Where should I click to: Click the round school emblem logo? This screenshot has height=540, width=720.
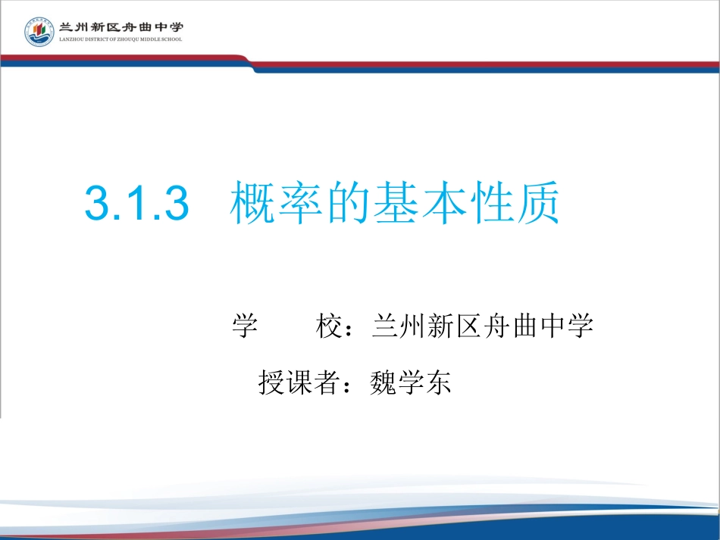point(39,32)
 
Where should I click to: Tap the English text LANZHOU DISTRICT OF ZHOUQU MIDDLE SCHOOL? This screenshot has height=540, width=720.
point(121,39)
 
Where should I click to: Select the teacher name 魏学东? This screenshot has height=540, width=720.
point(409,382)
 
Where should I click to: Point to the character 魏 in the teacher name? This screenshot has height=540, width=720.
point(382,382)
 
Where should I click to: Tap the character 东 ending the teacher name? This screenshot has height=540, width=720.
point(438,382)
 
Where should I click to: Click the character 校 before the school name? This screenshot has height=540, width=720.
point(328,326)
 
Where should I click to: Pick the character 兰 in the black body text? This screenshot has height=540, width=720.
point(386,326)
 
